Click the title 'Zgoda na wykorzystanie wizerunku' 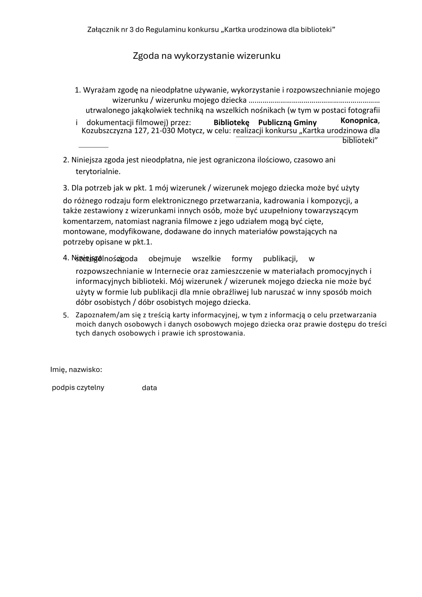tap(207, 56)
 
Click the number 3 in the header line tap(131, 30)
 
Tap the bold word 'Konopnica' tap(359, 121)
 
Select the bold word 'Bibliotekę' tap(231, 122)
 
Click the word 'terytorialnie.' tap(98, 172)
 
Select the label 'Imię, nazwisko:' tap(76, 370)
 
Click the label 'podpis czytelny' tap(78, 387)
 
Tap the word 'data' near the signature tap(149, 388)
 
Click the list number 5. tap(66, 316)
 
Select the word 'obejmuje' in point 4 tap(164, 259)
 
